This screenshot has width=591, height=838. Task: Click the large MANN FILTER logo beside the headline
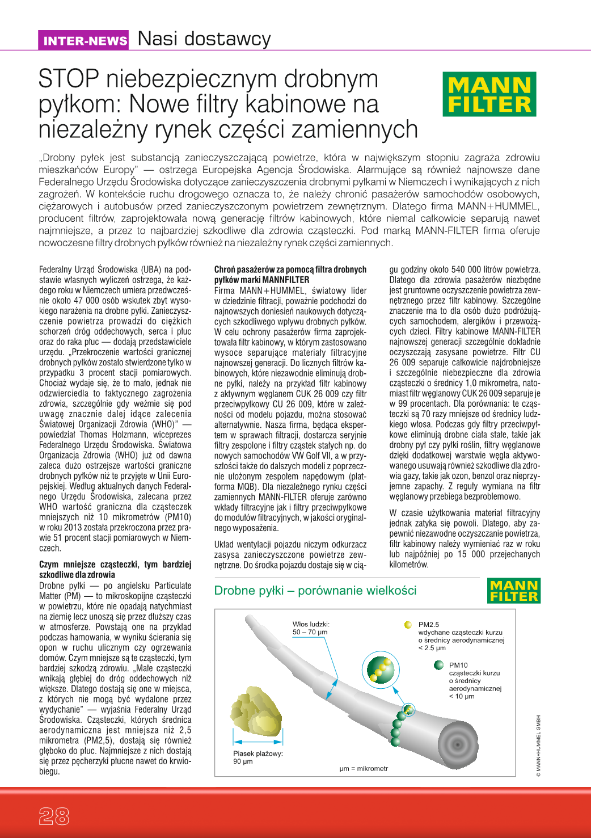tap(489, 94)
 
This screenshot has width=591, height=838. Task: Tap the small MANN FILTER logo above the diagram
tap(514, 591)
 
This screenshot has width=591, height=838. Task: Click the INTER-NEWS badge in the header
tap(85, 40)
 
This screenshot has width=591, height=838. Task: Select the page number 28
tap(54, 816)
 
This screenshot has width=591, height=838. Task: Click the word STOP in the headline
tap(69, 79)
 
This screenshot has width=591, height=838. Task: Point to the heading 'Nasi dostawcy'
tap(204, 39)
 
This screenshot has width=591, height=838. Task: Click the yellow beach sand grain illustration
tap(256, 710)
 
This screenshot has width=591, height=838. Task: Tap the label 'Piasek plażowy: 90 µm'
tap(258, 757)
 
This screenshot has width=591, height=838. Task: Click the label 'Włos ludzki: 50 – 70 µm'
tap(311, 628)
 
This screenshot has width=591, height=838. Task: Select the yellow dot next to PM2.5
tap(408, 625)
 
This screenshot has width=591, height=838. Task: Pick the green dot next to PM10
tap(438, 665)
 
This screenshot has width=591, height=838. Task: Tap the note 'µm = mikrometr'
tap(364, 769)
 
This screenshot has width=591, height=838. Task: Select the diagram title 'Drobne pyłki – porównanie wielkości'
tap(315, 591)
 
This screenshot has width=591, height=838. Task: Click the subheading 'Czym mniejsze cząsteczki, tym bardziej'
tap(115, 565)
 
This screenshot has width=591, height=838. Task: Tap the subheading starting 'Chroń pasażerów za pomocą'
tap(290, 269)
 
